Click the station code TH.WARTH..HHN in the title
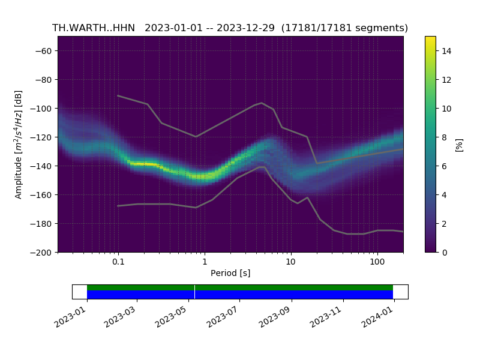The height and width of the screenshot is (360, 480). tap(94, 28)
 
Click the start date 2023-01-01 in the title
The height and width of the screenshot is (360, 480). tap(173, 28)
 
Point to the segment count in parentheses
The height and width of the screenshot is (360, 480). tap(344, 28)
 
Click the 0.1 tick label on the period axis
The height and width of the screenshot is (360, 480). tap(118, 262)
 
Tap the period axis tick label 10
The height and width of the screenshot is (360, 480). tap(290, 262)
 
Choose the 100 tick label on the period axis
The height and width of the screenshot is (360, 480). tap(377, 262)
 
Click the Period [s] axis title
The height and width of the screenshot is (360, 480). tap(230, 274)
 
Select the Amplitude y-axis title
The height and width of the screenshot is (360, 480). tap(19, 144)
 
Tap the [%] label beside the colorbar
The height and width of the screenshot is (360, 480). tap(460, 144)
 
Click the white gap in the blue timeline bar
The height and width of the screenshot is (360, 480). tap(194, 295)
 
